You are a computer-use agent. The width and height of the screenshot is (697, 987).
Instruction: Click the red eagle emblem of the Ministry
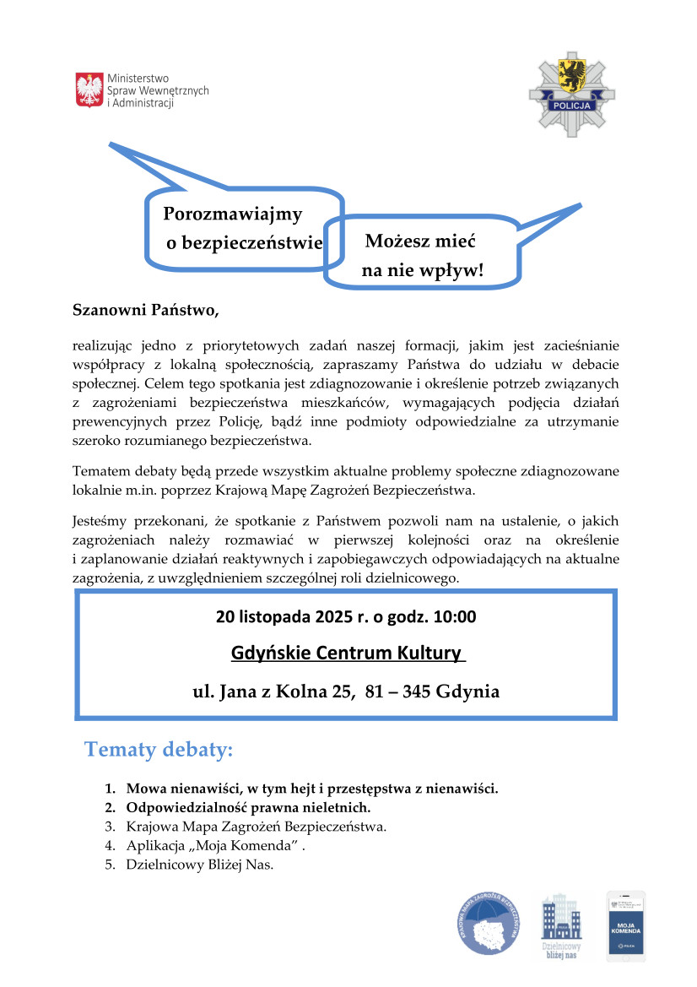pos(89,89)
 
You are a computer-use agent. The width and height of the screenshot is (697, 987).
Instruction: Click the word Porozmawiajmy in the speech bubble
pos(232,214)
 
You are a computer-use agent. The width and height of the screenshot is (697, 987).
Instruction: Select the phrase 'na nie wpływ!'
pos(423,270)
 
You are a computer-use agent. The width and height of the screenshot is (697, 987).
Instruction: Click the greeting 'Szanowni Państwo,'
pos(145,311)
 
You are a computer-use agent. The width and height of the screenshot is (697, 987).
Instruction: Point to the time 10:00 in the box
pos(455,616)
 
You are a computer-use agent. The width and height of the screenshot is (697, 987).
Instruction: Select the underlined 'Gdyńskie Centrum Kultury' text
pos(347,653)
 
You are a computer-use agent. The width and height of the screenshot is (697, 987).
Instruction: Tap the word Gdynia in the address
pos(468,692)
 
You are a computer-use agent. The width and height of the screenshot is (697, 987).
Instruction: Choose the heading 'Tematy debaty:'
pos(158,749)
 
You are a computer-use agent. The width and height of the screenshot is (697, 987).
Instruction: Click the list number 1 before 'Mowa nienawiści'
pos(110,789)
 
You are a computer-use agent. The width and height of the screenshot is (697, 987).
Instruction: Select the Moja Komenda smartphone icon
pos(625,925)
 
